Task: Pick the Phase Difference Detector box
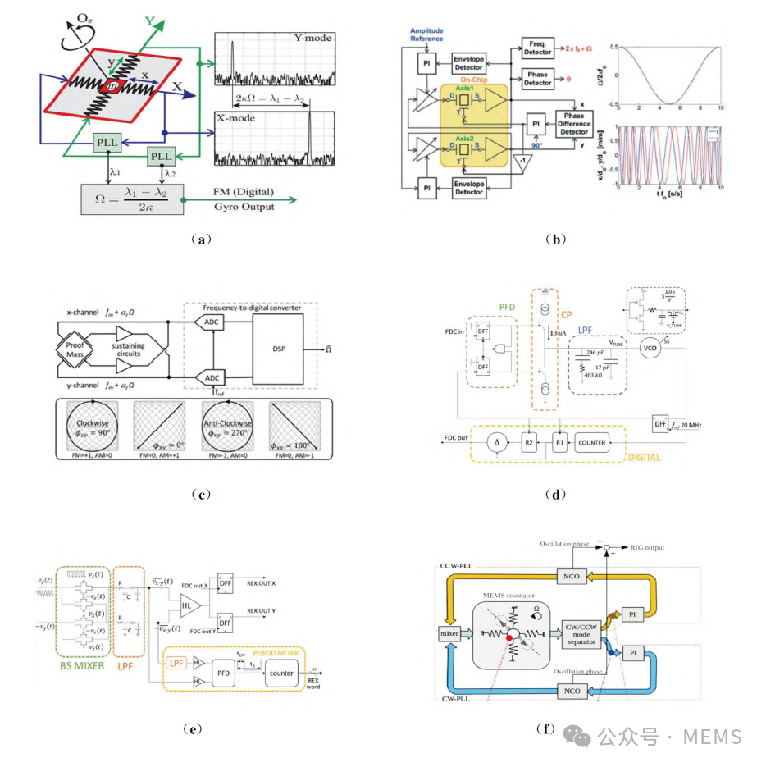coord(575,124)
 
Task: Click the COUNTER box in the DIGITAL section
coord(592,442)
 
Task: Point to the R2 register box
coord(530,442)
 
